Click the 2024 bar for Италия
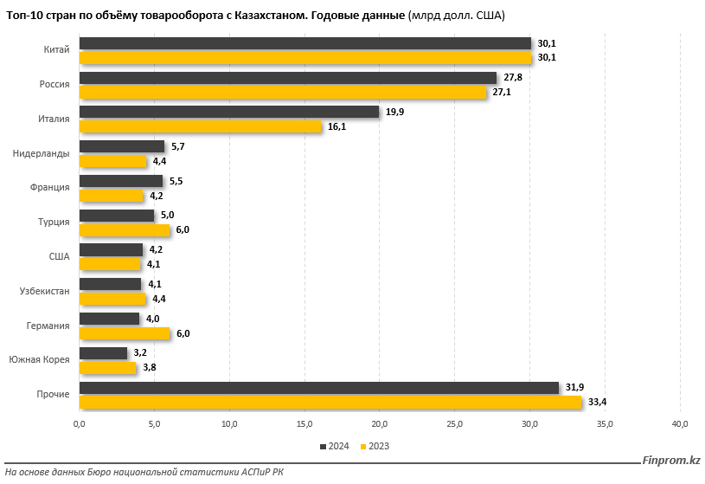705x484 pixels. click(229, 112)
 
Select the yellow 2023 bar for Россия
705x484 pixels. click(283, 92)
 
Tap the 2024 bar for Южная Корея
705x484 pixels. click(103, 353)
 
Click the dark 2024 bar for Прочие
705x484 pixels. click(318, 388)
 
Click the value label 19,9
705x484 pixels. click(394, 112)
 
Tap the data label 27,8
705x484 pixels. click(512, 77)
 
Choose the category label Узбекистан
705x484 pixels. click(44, 291)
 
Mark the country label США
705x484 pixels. click(59, 256)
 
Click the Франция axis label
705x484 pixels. click(49, 188)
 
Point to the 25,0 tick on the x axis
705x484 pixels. click(455, 423)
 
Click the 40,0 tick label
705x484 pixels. click(680, 423)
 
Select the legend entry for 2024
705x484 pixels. click(334, 446)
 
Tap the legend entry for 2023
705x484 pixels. click(374, 446)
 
